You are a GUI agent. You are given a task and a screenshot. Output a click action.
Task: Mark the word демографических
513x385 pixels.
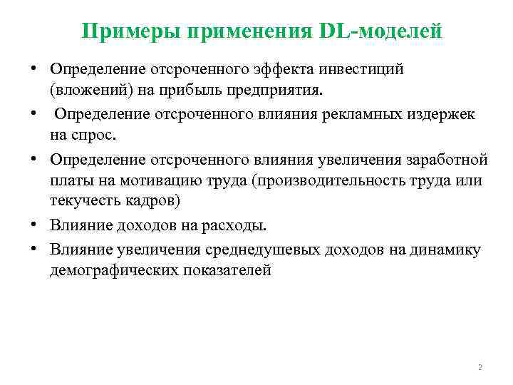point(110,271)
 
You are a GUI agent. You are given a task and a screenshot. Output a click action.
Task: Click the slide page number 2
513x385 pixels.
point(480,367)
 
